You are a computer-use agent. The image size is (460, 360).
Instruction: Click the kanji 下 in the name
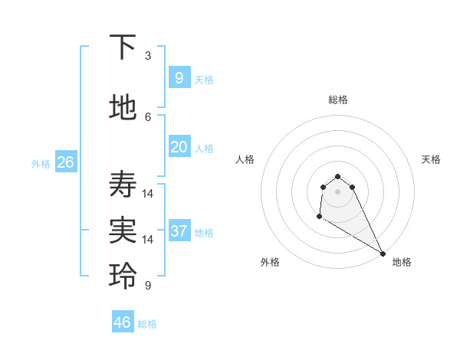point(123,47)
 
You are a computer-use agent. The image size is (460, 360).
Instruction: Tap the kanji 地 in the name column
point(123,108)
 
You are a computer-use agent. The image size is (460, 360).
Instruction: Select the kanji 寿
point(123,185)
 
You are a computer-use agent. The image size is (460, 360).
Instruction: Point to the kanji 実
point(123,231)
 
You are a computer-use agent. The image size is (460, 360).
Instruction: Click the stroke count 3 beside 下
point(148,56)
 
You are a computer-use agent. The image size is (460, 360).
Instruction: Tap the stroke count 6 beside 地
point(148,116)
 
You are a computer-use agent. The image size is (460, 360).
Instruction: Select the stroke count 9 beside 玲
point(148,286)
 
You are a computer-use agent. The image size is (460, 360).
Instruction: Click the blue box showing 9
point(179,77)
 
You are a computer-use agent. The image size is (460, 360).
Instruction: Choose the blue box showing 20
point(179,146)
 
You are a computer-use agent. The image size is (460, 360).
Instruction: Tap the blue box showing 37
point(179,231)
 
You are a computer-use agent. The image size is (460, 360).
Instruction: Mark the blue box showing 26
point(65,162)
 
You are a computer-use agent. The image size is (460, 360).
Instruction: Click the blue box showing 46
point(123,322)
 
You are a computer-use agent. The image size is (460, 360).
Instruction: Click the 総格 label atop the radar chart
point(338,100)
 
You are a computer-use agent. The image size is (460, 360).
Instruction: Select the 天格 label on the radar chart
point(432,159)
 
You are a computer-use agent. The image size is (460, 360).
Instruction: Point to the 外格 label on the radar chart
point(270,262)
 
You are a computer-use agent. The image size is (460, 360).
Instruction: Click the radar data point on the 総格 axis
point(337,176)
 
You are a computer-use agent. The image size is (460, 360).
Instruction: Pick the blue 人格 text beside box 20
point(204,148)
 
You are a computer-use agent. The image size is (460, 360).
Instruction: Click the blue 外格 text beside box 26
point(41,163)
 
